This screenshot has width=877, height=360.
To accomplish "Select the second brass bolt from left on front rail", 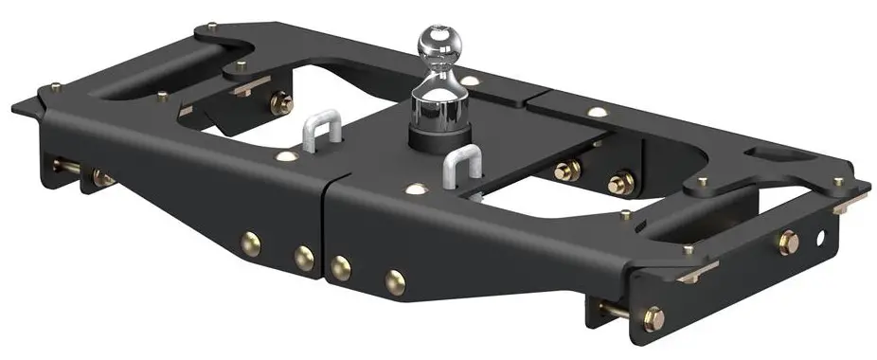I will [x=303, y=258].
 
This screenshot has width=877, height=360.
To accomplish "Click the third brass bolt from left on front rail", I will [x=341, y=268].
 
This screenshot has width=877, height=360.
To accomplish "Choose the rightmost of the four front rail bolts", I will [x=395, y=280].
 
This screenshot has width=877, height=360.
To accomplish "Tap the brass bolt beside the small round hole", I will [x=788, y=243].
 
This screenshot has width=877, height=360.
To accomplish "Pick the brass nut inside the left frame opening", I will [x=280, y=103].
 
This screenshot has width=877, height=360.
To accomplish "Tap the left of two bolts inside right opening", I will [x=567, y=171].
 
